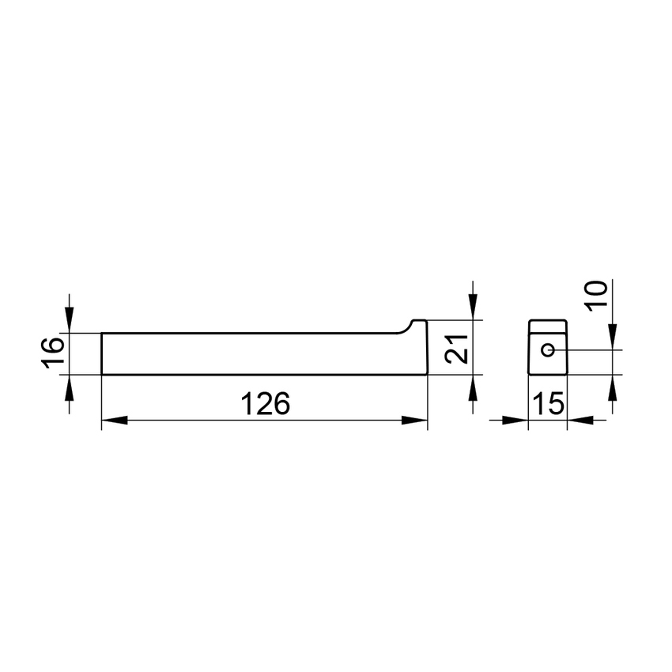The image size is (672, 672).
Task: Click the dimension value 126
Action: tap(266, 404)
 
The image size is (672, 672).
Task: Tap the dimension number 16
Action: tap(53, 353)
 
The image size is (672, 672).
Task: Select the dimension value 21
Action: tap(456, 349)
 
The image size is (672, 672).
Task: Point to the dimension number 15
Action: tap(548, 404)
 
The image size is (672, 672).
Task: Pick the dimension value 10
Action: tap(596, 296)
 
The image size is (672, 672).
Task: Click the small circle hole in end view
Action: tap(548, 350)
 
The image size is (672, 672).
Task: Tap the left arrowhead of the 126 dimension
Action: tap(115, 421)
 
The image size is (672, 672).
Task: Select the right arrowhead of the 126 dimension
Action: tap(414, 421)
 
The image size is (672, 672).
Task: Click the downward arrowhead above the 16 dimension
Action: tap(70, 320)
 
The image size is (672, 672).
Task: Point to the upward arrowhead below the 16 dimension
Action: tap(70, 387)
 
